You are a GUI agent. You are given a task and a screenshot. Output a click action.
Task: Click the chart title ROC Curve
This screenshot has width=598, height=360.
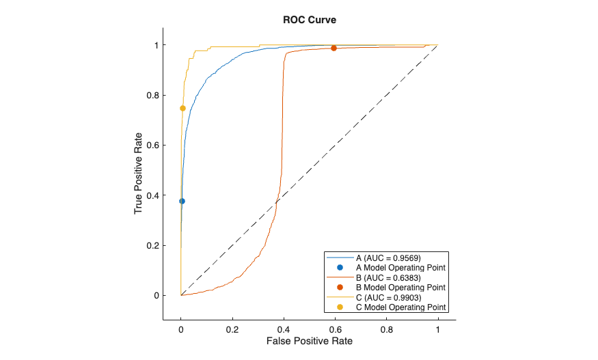(x=310, y=20)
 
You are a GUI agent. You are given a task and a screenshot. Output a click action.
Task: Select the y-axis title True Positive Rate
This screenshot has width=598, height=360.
(x=139, y=174)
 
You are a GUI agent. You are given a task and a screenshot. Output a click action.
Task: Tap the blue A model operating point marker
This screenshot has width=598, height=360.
(x=182, y=201)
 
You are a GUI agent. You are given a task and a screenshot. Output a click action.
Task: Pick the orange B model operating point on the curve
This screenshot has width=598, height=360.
(x=334, y=48)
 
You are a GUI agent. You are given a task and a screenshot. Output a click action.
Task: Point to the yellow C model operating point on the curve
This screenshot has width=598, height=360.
(x=182, y=108)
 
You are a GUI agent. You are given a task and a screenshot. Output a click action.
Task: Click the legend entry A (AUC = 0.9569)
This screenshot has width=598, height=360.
(x=388, y=258)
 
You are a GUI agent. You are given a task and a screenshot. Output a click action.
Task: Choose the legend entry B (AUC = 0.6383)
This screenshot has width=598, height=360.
(x=388, y=278)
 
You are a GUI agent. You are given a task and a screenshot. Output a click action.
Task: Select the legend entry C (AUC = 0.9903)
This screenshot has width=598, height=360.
(x=388, y=298)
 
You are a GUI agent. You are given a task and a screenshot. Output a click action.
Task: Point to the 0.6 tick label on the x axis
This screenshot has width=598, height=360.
(x=335, y=328)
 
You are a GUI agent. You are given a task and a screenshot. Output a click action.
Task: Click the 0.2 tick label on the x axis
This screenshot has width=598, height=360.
(x=232, y=328)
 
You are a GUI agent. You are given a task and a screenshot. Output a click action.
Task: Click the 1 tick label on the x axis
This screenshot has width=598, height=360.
(x=437, y=328)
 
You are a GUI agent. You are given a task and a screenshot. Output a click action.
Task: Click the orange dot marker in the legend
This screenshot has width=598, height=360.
(x=340, y=288)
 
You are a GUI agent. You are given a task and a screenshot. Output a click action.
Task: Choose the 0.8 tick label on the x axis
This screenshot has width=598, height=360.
(x=386, y=328)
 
